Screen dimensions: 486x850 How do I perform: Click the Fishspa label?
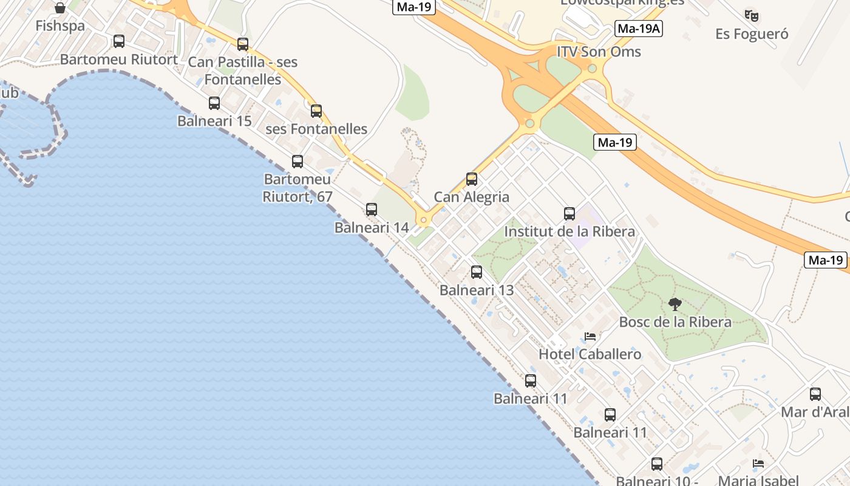[x=60, y=26]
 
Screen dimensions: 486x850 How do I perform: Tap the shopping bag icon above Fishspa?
[x=60, y=8]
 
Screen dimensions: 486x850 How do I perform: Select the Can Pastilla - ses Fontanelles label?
[x=243, y=70]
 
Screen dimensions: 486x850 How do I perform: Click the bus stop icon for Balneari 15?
[x=214, y=103]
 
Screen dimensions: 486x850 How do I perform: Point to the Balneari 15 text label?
[x=214, y=121]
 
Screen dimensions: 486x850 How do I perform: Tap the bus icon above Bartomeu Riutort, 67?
[x=297, y=162]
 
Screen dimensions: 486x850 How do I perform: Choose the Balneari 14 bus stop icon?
[x=372, y=210]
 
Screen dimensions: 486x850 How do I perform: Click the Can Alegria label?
[x=472, y=197]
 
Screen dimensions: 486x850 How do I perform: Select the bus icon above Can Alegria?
[x=472, y=179]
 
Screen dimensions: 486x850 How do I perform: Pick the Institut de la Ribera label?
[x=569, y=231]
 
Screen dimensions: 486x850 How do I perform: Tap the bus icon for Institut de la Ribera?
[x=569, y=214]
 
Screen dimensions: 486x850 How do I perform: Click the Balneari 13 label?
[x=477, y=290]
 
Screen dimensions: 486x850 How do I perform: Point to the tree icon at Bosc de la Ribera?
[x=675, y=304]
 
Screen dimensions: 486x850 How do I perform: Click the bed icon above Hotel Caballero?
[x=590, y=337]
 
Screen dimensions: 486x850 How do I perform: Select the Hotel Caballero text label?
[x=590, y=354]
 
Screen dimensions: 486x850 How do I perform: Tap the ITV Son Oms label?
[x=599, y=52]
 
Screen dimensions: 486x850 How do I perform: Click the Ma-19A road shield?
[x=639, y=29]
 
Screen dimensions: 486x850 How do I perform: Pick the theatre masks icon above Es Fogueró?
[x=752, y=16]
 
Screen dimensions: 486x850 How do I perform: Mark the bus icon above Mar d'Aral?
[x=815, y=394]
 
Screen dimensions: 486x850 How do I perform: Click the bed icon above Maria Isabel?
[x=758, y=464]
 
